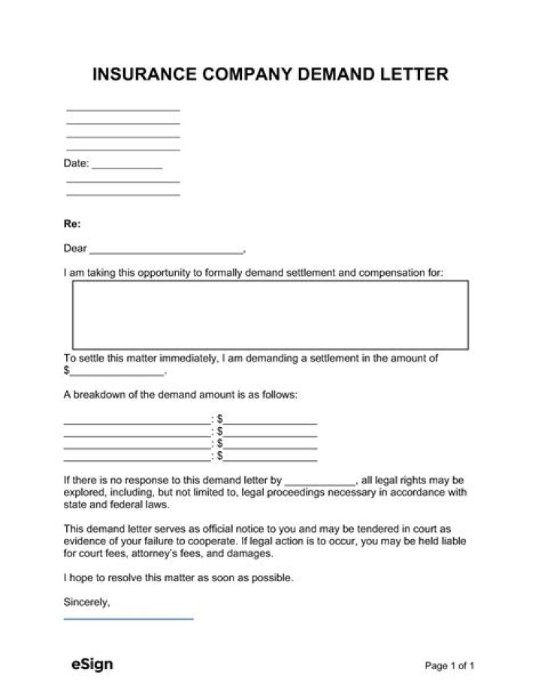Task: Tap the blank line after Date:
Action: [x=126, y=164]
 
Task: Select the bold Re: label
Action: [x=72, y=224]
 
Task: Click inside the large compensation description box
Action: [x=270, y=314]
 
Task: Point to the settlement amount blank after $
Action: [x=116, y=371]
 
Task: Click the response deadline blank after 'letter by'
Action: [x=320, y=480]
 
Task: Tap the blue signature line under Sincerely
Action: [x=128, y=618]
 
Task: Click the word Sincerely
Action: [x=87, y=602]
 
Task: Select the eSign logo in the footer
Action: [x=91, y=664]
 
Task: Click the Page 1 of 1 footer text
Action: [x=450, y=665]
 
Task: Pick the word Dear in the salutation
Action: [x=75, y=249]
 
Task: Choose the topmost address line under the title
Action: [x=123, y=110]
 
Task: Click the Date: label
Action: [x=76, y=163]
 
